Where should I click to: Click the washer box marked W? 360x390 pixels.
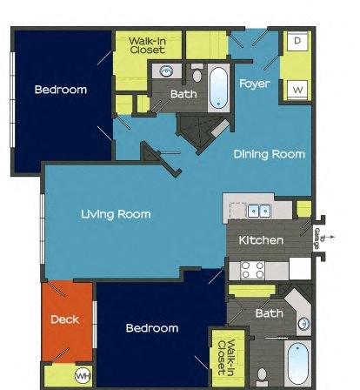point(298,89)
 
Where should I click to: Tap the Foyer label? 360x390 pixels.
point(255,84)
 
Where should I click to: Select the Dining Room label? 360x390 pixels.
point(270,154)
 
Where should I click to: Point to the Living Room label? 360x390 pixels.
point(116,214)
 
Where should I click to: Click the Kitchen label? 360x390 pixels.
point(262,239)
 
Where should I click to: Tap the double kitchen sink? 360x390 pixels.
point(258,210)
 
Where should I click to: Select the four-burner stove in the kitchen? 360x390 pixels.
point(252,269)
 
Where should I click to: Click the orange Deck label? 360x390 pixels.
point(64,319)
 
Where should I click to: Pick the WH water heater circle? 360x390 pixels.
point(83,376)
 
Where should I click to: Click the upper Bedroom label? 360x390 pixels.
point(61,89)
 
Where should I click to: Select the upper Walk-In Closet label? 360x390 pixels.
point(148,44)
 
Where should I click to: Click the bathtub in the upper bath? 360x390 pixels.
point(218,86)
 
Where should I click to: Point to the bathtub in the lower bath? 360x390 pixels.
point(298,366)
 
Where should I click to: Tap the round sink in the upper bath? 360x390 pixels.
point(166,71)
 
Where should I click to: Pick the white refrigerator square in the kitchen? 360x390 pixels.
point(301,268)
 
